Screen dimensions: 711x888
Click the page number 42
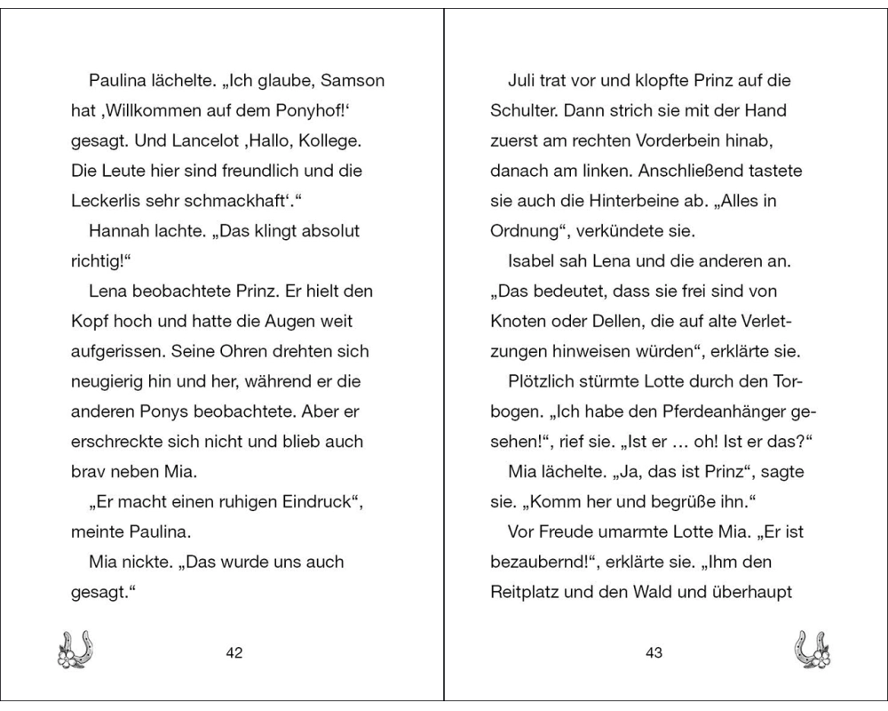click(234, 653)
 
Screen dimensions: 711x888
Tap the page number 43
click(654, 653)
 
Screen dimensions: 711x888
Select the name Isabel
click(530, 261)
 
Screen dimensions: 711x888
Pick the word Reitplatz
click(528, 592)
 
